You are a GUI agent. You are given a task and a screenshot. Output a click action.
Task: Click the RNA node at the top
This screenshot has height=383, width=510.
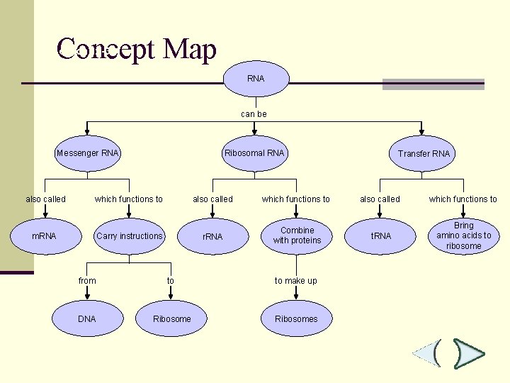click(x=256, y=79)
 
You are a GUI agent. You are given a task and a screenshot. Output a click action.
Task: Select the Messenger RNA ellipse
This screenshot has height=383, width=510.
click(x=88, y=153)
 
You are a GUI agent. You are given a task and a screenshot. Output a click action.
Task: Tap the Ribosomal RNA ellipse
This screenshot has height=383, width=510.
click(x=254, y=153)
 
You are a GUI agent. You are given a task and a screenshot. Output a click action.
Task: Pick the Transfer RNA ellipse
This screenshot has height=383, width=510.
click(x=423, y=154)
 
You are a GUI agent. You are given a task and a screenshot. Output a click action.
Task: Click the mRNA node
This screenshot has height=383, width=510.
click(x=44, y=236)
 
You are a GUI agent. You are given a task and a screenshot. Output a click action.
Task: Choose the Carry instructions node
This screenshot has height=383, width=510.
click(x=130, y=236)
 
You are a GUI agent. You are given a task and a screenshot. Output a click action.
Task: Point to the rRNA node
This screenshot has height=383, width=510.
click(x=212, y=236)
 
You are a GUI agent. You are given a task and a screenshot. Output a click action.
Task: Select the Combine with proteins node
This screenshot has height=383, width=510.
click(x=297, y=235)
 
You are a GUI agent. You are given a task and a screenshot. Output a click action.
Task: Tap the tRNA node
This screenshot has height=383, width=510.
click(x=381, y=236)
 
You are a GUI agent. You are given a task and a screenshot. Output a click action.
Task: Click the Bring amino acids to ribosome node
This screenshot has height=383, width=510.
click(x=464, y=236)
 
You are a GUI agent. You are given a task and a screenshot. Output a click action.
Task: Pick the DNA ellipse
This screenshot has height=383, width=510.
click(x=86, y=319)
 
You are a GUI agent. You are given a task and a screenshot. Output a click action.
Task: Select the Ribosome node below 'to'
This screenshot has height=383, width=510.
click(x=171, y=319)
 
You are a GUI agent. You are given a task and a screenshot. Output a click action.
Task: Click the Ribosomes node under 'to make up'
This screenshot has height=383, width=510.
click(x=296, y=319)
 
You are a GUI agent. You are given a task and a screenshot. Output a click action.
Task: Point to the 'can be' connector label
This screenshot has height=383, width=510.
click(x=254, y=114)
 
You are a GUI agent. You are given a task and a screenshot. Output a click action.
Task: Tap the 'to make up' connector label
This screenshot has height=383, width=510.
click(x=296, y=281)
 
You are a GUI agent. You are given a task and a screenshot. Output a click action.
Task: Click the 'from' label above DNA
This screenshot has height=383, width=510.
click(x=87, y=281)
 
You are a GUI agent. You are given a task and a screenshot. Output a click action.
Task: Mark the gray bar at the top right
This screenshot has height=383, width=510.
click(x=433, y=84)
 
